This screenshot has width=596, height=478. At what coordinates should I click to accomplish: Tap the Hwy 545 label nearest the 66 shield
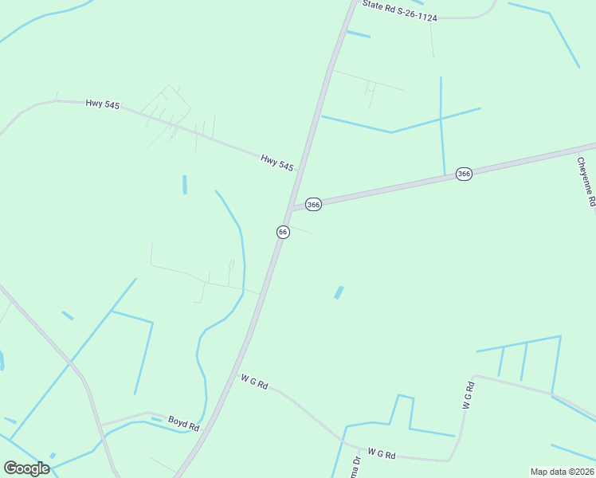tap(276, 163)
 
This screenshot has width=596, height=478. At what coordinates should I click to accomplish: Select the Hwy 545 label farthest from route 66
tap(102, 104)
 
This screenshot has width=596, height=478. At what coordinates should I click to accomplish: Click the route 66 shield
tap(283, 231)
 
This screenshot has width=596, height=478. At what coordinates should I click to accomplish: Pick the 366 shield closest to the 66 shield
tap(313, 205)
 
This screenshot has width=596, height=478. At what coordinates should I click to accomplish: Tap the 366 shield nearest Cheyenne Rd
tap(465, 174)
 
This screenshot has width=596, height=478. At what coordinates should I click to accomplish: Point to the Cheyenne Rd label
tap(586, 182)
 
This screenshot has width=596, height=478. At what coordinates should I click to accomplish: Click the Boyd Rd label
tap(182, 423)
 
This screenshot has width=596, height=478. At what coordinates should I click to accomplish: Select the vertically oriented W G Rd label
tap(469, 396)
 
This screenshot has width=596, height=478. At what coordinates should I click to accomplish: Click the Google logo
tap(26, 468)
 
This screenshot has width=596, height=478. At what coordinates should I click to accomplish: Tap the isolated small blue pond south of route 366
tap(339, 292)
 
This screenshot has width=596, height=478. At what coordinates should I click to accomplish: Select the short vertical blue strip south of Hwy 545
tap(185, 184)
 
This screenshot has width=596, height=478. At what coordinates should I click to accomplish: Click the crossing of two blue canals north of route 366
tap(441, 119)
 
